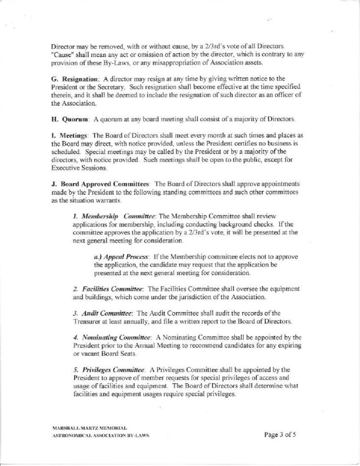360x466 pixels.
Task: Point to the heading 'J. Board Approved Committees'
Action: tap(101, 184)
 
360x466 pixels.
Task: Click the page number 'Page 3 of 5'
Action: tap(280, 434)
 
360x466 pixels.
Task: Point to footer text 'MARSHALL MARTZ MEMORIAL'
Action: tap(90, 428)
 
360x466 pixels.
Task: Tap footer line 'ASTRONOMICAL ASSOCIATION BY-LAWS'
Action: tap(101, 436)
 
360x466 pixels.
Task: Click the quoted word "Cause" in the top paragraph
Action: tap(60, 54)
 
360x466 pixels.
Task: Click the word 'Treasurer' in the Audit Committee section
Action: tap(88, 321)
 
